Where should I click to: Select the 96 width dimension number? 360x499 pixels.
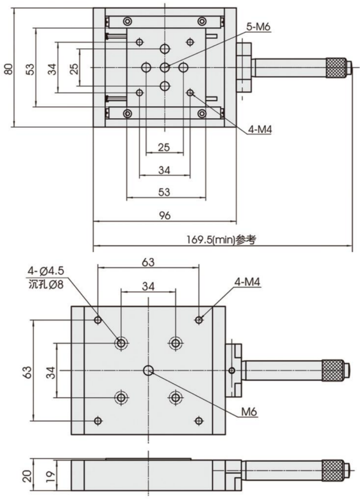[x=164, y=216]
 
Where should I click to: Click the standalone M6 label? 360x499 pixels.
[x=249, y=411]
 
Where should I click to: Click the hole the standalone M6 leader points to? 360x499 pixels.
[x=149, y=370]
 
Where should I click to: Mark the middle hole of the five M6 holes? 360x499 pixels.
[x=164, y=67]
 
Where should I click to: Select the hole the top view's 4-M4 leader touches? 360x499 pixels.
[x=191, y=92]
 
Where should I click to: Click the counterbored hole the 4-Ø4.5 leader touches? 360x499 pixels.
[x=122, y=342]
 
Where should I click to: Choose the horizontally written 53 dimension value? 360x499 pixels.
[x=164, y=191]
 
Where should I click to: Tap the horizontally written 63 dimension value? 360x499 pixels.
[x=148, y=262]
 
